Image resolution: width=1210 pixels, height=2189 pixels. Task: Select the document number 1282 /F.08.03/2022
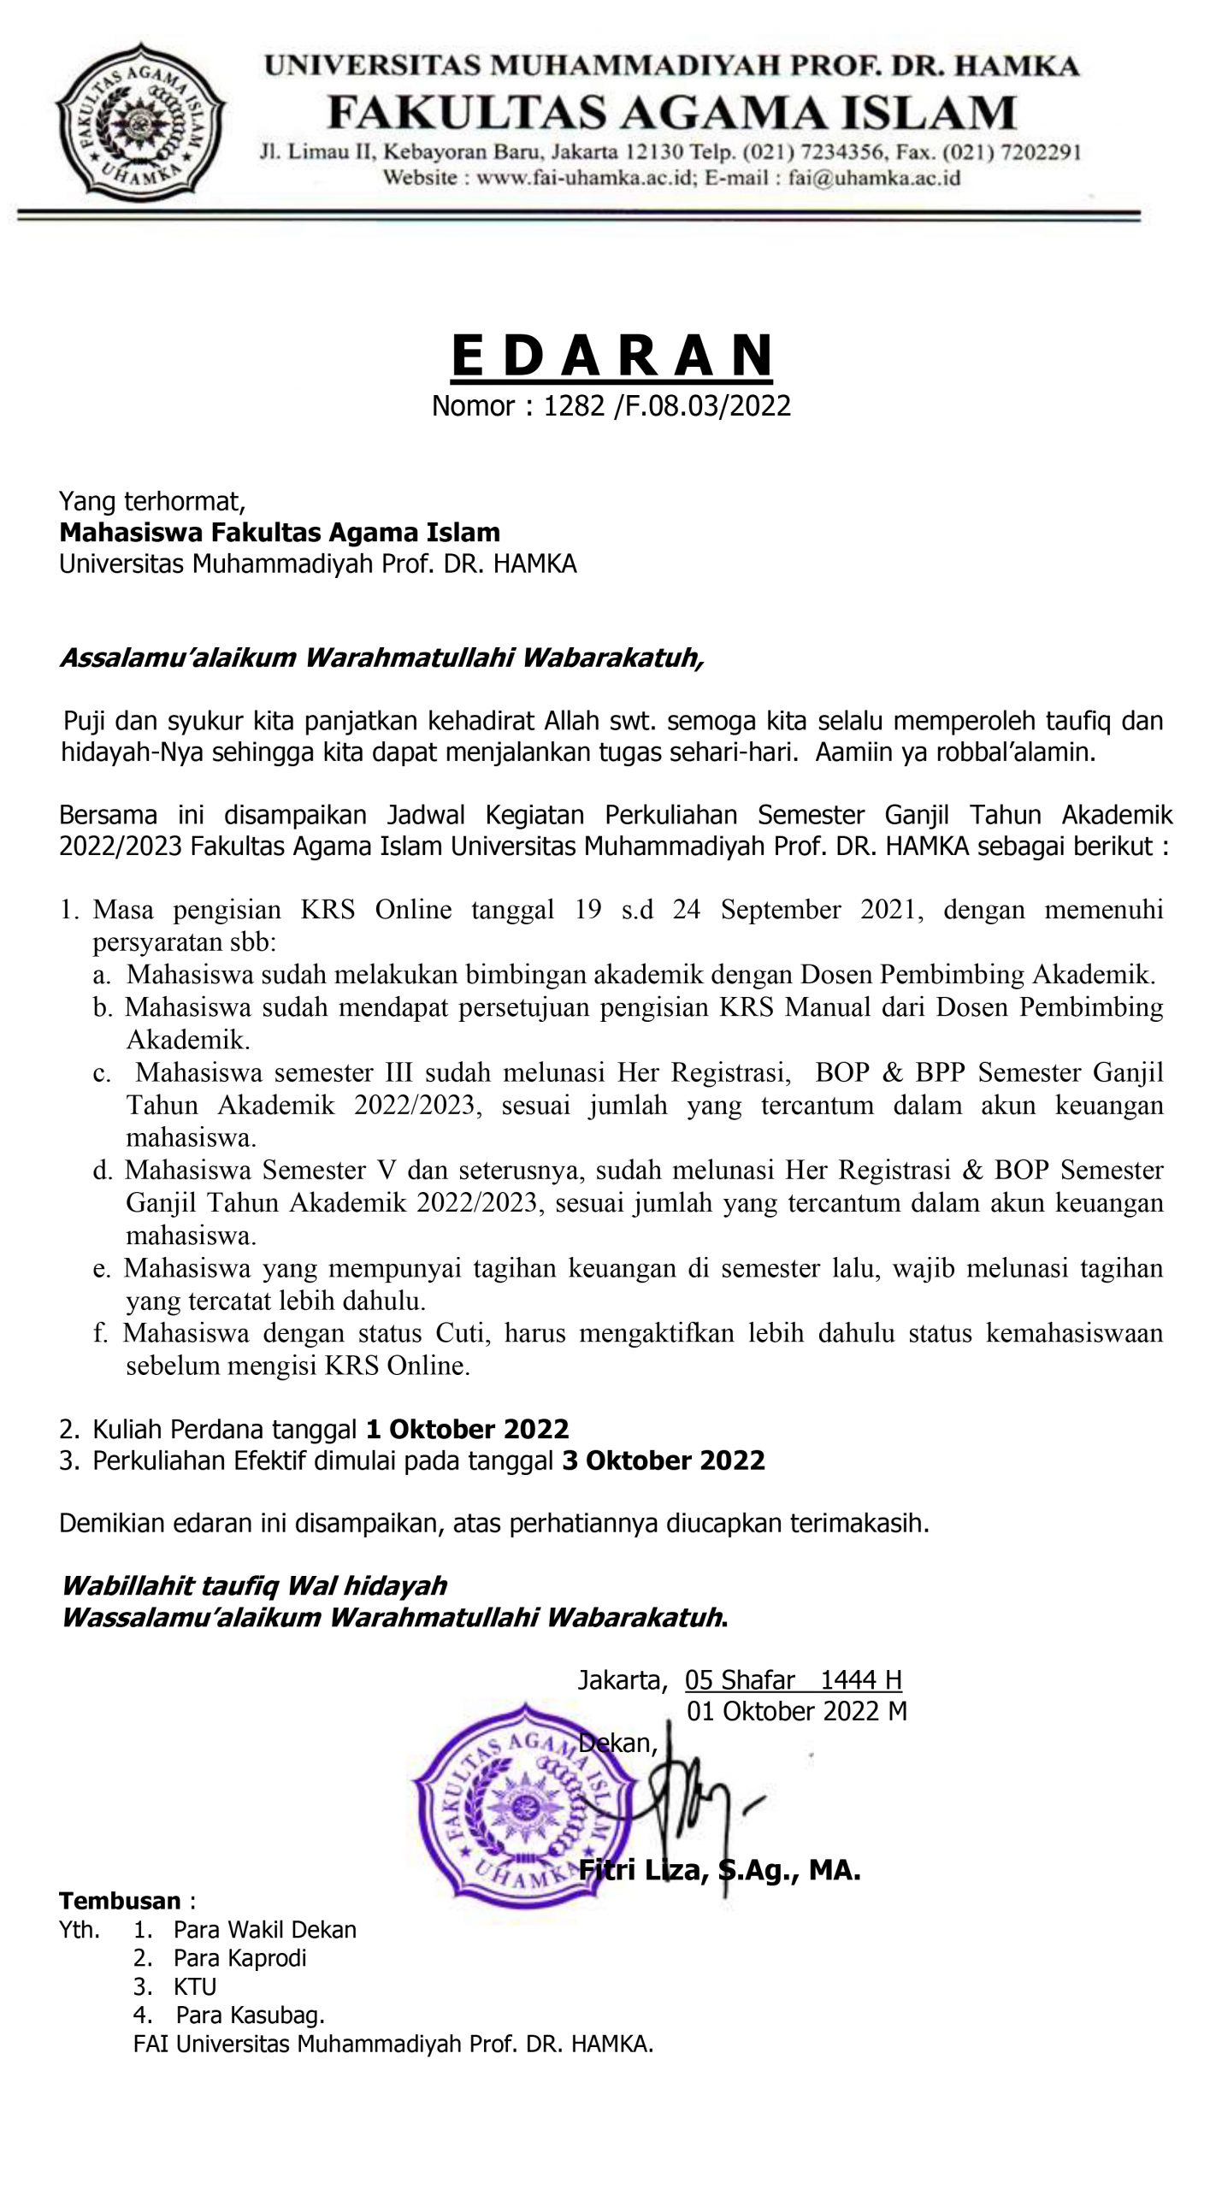pyautogui.click(x=667, y=405)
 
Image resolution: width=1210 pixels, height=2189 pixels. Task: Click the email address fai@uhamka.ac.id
pyautogui.click(x=874, y=178)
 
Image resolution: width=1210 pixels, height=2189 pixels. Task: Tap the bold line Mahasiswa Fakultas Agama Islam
pyautogui.click(x=280, y=533)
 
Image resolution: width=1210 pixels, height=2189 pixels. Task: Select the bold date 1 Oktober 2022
pyautogui.click(x=467, y=1429)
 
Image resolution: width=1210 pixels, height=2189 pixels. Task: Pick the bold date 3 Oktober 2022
pyautogui.click(x=663, y=1460)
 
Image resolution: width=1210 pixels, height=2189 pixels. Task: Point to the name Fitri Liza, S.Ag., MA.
pyautogui.click(x=719, y=1872)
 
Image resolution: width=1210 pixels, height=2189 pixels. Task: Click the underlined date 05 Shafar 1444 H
pyautogui.click(x=793, y=1680)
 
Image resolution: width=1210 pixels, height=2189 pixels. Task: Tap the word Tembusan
pyautogui.click(x=120, y=1902)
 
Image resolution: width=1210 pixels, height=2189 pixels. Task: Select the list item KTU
pyautogui.click(x=195, y=1986)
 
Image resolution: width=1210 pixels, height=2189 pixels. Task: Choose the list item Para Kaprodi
pyautogui.click(x=239, y=1958)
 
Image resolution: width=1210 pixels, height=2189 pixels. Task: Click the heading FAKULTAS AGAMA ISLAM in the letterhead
pyautogui.click(x=672, y=113)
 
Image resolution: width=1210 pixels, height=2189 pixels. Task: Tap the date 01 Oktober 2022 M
pyautogui.click(x=796, y=1711)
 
